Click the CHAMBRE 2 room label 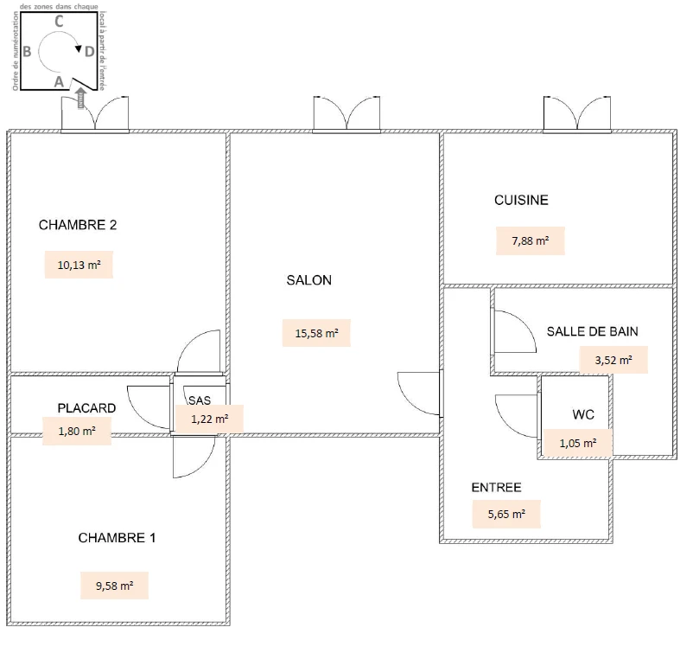(x=78, y=225)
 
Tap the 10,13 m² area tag (x=79, y=265)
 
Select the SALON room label (x=309, y=280)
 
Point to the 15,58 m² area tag (x=316, y=333)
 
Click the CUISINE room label (x=521, y=200)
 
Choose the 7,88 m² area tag (x=531, y=241)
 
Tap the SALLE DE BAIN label (x=592, y=331)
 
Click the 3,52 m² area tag (x=614, y=360)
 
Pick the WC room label (x=583, y=414)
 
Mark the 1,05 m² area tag (x=578, y=443)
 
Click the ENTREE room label (x=496, y=488)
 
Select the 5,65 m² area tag (x=506, y=514)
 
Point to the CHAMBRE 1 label (x=117, y=538)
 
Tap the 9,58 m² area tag (x=114, y=586)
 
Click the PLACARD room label (x=86, y=408)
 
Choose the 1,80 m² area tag (x=77, y=431)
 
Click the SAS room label (x=200, y=400)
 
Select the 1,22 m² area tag (x=209, y=419)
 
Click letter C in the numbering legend (x=59, y=22)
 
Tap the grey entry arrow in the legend (x=81, y=99)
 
